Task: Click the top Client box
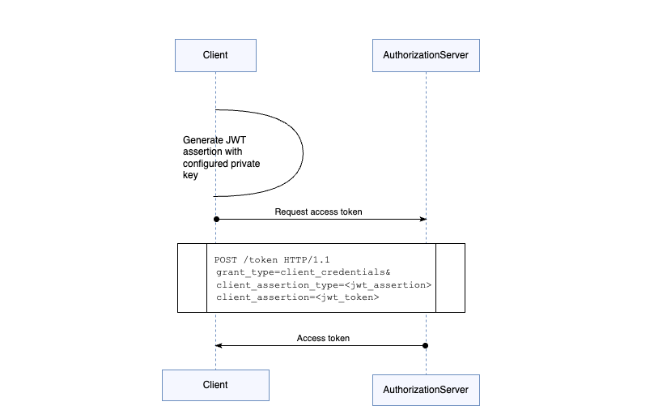pyautogui.click(x=215, y=55)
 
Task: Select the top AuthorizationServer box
pyautogui.click(x=426, y=55)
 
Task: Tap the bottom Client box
pyautogui.click(x=215, y=385)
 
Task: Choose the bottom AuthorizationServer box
pyautogui.click(x=426, y=390)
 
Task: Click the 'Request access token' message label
pyautogui.click(x=318, y=212)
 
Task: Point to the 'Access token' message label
pyautogui.click(x=323, y=338)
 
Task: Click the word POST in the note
pyautogui.click(x=227, y=259)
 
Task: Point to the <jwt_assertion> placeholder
pyautogui.click(x=390, y=285)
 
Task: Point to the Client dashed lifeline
pyautogui.click(x=215, y=162)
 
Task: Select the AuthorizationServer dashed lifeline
pyautogui.click(x=426, y=162)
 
